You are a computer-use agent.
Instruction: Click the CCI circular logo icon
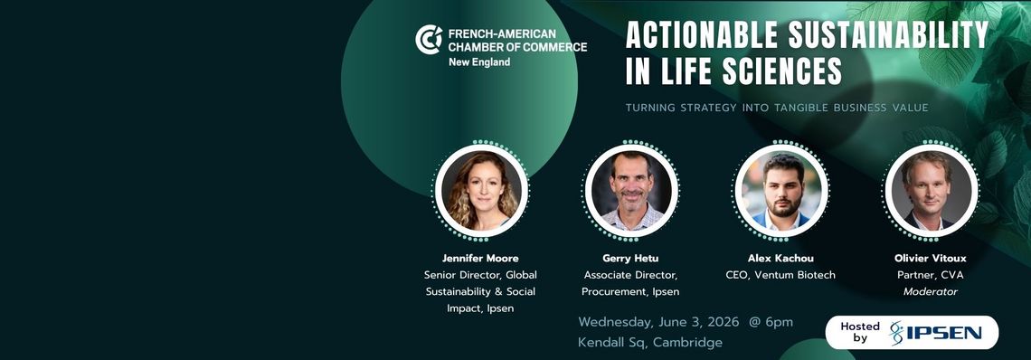429,40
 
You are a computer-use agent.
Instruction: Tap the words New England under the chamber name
478,62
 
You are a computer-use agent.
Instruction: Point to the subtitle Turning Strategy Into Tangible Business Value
777,108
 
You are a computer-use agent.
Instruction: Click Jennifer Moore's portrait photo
480,191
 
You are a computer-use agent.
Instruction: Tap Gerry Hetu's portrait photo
631,191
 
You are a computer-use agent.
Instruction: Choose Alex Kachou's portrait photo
781,191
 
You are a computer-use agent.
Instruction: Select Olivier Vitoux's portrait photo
931,191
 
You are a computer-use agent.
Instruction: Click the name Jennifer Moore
480,258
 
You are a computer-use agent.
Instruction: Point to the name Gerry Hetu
630,258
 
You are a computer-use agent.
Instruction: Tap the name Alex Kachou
780,258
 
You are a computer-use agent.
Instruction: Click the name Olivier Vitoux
931,258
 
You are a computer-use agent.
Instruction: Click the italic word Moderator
931,291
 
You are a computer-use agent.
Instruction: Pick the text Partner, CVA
931,275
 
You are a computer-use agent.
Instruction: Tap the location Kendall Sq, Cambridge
650,343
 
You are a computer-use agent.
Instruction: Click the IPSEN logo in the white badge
935,332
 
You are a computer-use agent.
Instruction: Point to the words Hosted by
859,332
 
